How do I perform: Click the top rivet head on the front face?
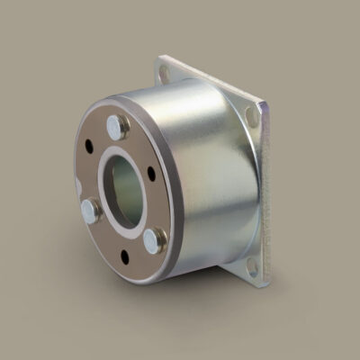coord(116,126)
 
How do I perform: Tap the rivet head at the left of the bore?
coord(91,211)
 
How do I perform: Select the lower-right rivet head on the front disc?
coord(154,239)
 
